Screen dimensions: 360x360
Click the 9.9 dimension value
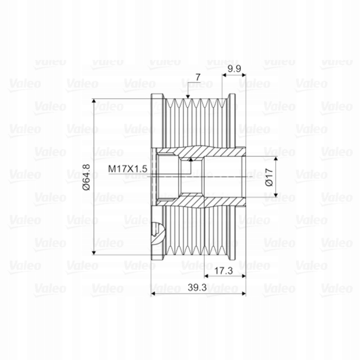pos(234,69)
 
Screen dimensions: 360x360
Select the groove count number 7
pos(198,77)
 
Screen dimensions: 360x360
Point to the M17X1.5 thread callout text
pos(127,169)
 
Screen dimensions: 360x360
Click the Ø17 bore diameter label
pos(269,177)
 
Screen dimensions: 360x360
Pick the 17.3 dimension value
pos(224,271)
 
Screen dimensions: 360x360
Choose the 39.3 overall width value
pos(197,287)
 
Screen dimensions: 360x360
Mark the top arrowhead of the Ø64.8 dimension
pos(94,101)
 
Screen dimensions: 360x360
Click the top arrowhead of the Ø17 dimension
pos(276,159)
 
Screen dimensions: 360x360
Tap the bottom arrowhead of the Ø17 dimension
pos(276,194)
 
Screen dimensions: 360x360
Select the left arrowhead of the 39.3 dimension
pos(153,293)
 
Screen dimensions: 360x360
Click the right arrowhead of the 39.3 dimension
pos(243,293)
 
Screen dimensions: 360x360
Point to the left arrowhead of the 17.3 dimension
pos(207,276)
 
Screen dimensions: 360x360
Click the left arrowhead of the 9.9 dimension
pos(224,75)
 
